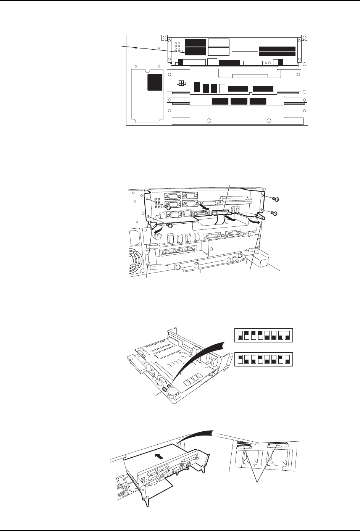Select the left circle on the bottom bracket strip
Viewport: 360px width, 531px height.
(x=208, y=121)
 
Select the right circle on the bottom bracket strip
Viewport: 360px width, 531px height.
(x=268, y=121)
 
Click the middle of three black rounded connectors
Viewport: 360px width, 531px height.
(x=239, y=101)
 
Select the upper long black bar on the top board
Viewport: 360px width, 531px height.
(x=277, y=48)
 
